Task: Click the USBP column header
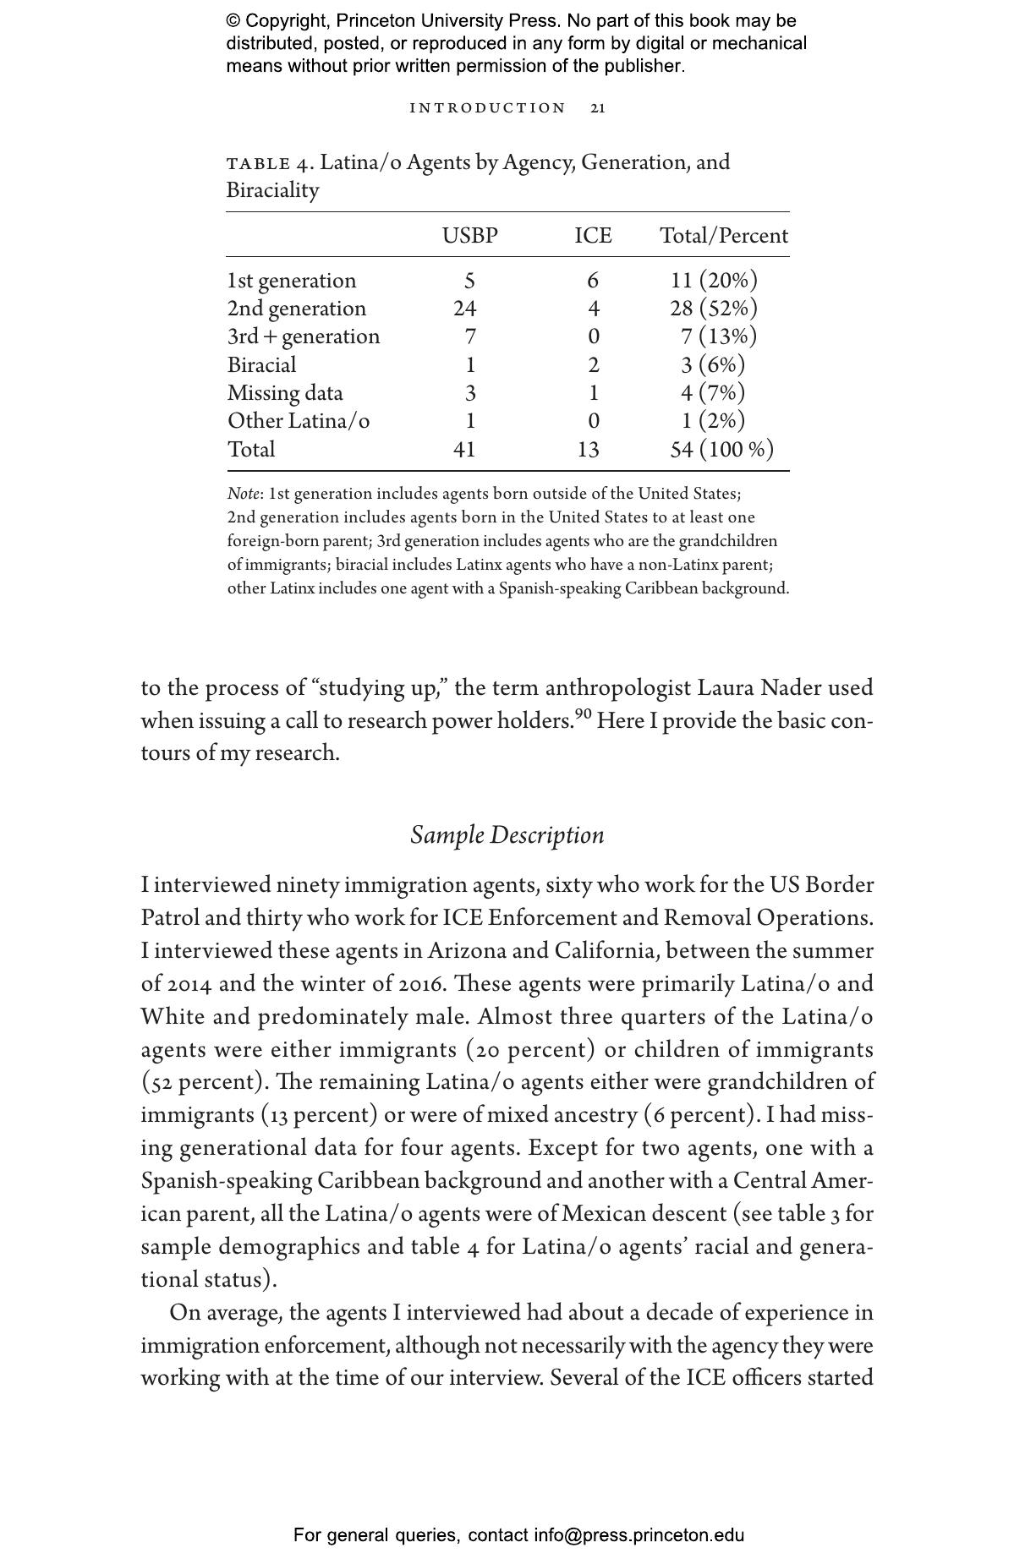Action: (x=469, y=236)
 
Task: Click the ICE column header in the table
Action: (x=593, y=236)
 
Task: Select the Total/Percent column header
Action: (x=723, y=236)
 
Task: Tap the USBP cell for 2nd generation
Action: (x=465, y=309)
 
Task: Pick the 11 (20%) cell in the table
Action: (x=714, y=281)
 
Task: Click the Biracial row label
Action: (x=261, y=365)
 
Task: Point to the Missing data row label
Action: (x=285, y=393)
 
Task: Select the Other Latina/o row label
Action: (x=298, y=421)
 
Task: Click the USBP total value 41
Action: (x=464, y=449)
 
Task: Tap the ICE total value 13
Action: (x=588, y=449)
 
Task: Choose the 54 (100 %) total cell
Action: (x=721, y=449)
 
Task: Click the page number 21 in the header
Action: (x=598, y=108)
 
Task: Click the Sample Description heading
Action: (x=507, y=835)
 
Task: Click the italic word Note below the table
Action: (x=244, y=494)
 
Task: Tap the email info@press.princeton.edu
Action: (x=639, y=1535)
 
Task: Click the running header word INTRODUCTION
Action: (x=488, y=108)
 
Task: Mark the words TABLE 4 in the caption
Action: (x=268, y=163)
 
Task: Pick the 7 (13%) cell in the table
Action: (x=718, y=336)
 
